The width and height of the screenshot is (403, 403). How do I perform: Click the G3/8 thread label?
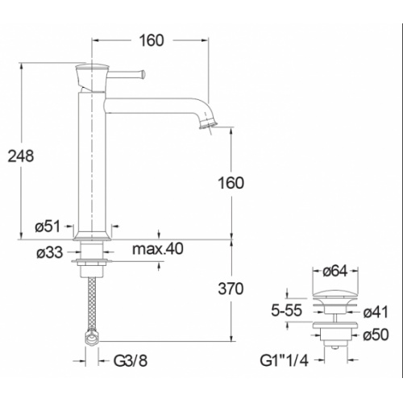click(130, 361)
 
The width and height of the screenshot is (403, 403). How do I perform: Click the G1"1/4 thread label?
click(281, 360)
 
